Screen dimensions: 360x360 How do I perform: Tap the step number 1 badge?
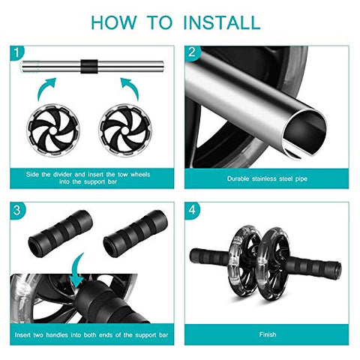(16, 53)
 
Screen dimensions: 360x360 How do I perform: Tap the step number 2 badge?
(191, 53)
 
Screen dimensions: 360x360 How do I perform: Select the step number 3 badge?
(16, 210)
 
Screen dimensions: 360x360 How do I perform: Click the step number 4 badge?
(191, 210)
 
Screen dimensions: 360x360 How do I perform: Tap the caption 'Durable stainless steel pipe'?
(268, 178)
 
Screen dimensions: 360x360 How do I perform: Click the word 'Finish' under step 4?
(268, 335)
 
